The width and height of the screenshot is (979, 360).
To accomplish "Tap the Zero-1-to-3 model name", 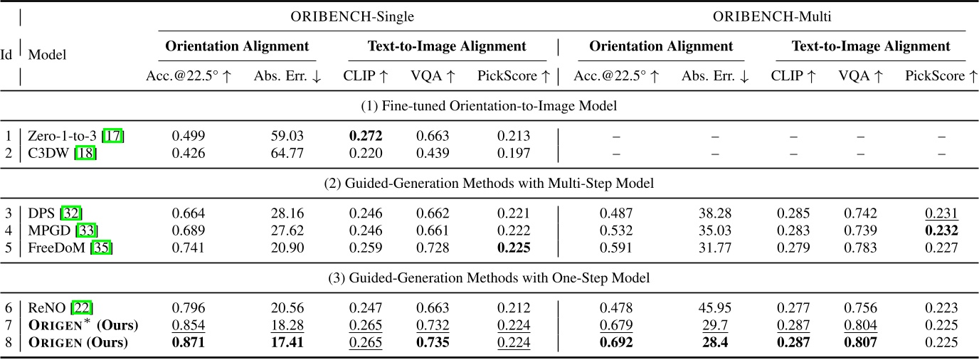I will click(60, 135).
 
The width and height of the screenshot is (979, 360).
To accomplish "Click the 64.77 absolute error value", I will click(287, 153).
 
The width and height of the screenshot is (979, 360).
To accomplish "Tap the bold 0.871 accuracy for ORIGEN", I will click(189, 342).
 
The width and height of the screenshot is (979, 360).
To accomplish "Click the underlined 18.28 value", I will click(287, 324).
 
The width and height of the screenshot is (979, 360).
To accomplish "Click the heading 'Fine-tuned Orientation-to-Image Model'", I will click(489, 107).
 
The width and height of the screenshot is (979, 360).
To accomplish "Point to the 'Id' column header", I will click(6, 54).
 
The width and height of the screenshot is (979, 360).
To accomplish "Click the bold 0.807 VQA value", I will click(859, 342).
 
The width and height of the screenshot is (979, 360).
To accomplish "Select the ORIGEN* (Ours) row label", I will click(83, 325).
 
